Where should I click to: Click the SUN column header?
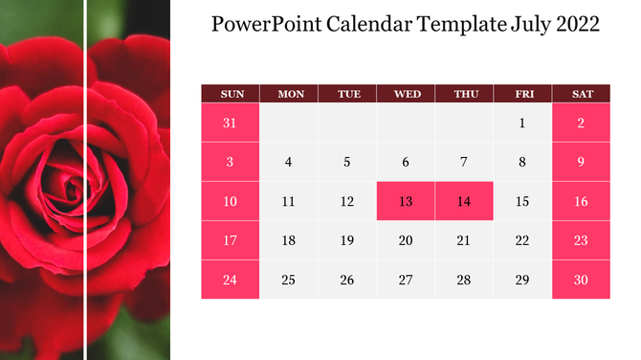click(231, 94)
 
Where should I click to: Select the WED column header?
click(407, 94)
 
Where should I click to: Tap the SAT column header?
click(582, 94)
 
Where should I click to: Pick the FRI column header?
click(523, 94)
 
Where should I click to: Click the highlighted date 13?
click(406, 201)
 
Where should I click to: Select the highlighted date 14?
click(464, 201)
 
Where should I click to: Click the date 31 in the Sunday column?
click(230, 123)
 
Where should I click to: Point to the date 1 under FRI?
click(522, 123)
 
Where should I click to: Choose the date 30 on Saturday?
click(582, 280)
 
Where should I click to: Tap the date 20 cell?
click(406, 240)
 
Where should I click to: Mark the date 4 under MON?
click(289, 162)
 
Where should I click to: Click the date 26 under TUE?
click(347, 280)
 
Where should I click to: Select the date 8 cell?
click(522, 162)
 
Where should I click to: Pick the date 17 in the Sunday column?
click(230, 240)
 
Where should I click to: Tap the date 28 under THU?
click(464, 280)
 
